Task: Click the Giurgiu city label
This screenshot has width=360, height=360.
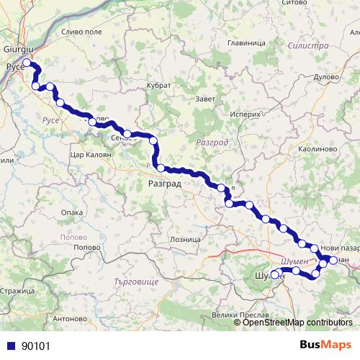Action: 19,48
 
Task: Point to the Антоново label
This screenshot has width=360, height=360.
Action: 70,318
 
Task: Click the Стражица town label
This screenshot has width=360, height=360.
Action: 17,290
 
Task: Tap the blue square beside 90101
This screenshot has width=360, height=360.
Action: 10,346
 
